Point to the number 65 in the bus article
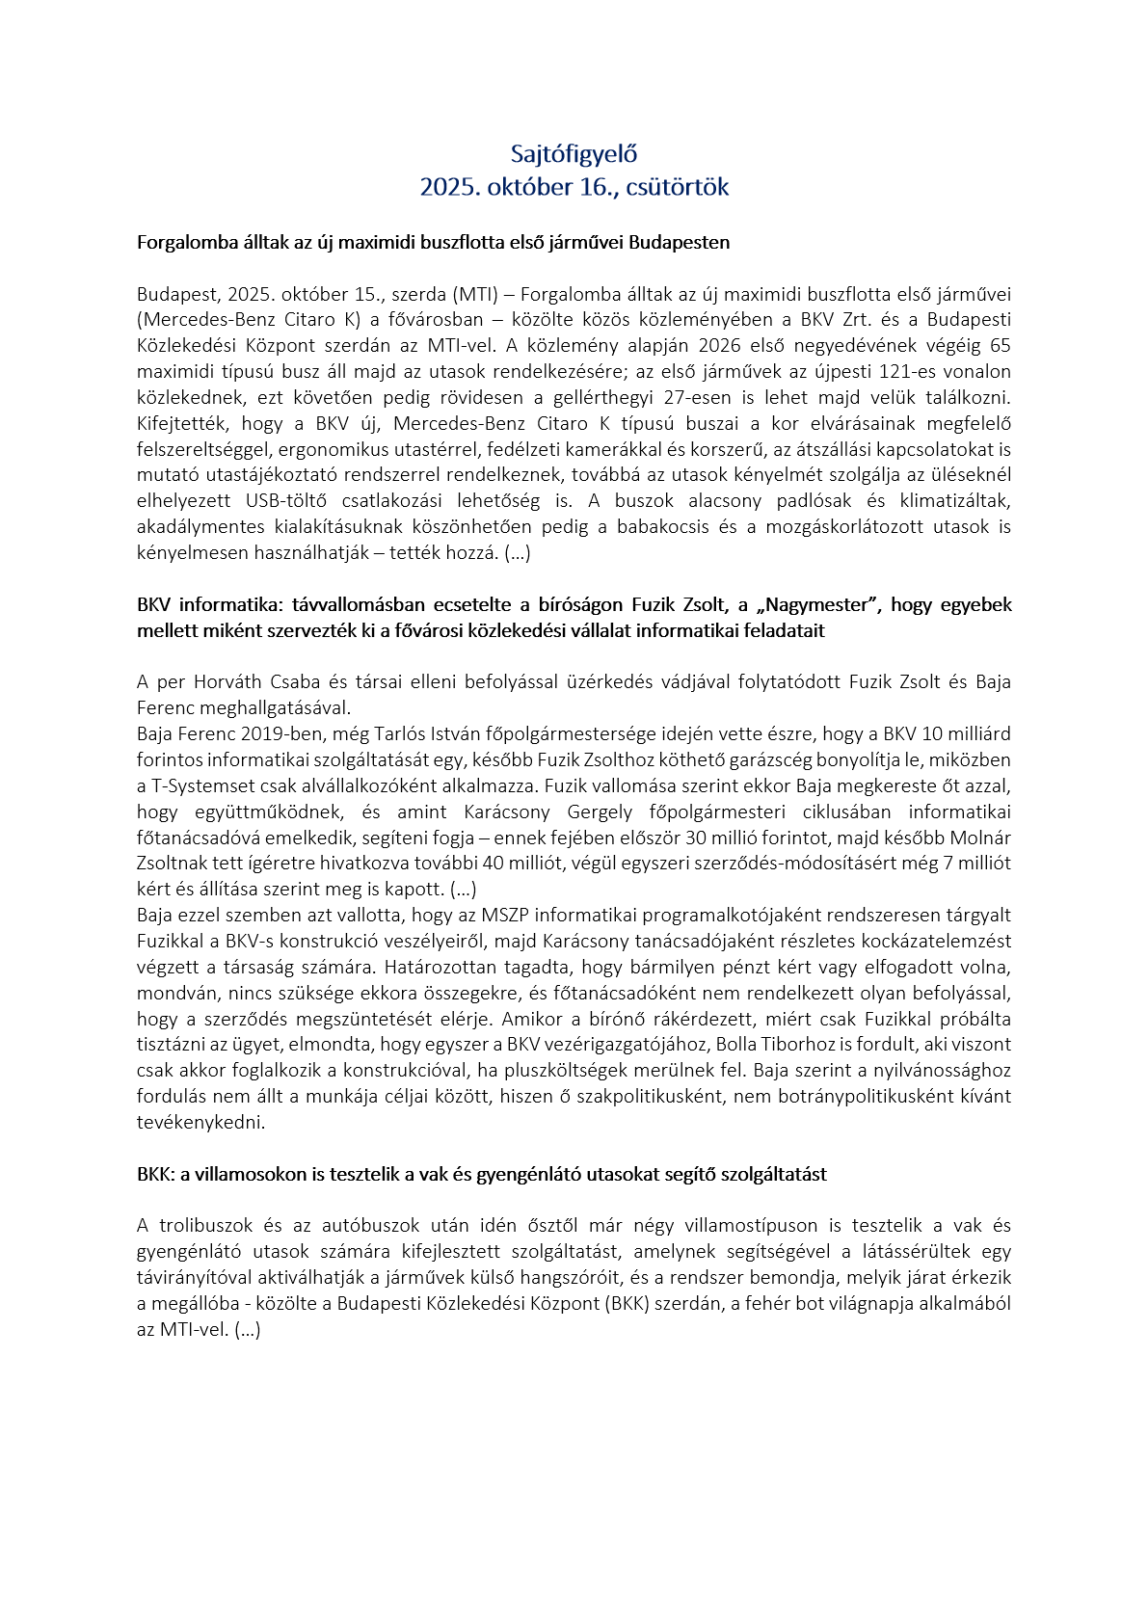(1001, 346)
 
